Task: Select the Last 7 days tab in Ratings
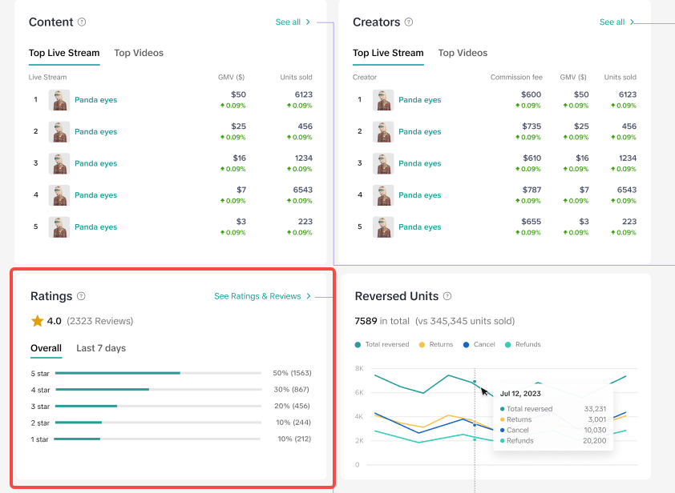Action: pos(101,348)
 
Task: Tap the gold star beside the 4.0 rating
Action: pos(38,321)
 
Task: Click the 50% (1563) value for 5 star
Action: pos(292,373)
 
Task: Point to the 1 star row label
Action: pos(39,439)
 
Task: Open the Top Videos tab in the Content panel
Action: pos(139,53)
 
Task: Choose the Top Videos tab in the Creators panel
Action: pos(463,53)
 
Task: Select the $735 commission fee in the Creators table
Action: pos(532,126)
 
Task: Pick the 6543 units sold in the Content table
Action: pos(303,190)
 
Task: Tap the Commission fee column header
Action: pos(516,78)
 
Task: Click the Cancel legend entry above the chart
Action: pos(479,344)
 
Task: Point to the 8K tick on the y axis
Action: pos(359,368)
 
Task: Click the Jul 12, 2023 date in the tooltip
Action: pos(520,393)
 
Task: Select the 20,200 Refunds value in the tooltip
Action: pos(595,440)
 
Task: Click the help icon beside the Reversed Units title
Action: pos(447,296)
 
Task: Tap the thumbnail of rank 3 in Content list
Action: pos(59,163)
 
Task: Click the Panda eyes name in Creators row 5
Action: pos(420,227)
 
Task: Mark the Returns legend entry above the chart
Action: pos(436,344)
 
